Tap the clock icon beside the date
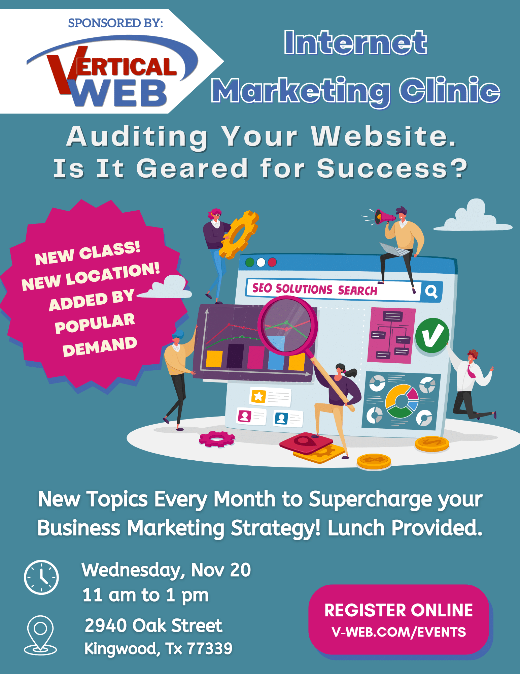[41, 577]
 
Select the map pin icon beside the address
[40, 635]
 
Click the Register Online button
[398, 619]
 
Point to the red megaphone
[384, 216]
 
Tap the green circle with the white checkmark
[432, 335]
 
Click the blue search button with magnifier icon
[431, 291]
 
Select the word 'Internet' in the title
[355, 42]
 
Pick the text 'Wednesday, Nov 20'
[166, 570]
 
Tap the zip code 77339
[209, 648]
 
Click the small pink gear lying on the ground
[217, 439]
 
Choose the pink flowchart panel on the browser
[391, 335]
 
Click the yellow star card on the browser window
[270, 397]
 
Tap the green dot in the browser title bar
[250, 262]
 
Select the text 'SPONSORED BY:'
[115, 23]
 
